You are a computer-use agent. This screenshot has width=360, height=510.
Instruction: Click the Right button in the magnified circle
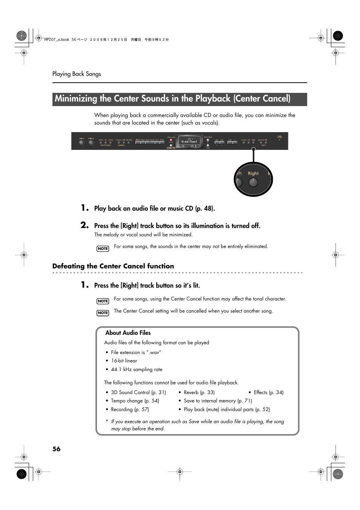point(253,182)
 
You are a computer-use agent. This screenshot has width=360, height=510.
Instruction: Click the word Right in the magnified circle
point(253,174)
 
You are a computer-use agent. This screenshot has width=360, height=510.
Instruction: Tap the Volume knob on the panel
point(81,143)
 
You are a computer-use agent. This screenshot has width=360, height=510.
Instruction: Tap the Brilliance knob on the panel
point(91,143)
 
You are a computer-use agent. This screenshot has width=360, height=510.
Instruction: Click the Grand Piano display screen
point(189,141)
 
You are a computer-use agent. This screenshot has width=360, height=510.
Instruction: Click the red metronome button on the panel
point(171,140)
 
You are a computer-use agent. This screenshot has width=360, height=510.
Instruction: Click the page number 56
point(56,449)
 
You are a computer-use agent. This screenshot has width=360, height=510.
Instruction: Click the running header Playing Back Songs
point(77,74)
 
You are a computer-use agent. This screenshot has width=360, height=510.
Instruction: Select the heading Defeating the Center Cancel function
point(113,266)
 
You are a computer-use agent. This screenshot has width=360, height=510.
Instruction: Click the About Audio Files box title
point(128,333)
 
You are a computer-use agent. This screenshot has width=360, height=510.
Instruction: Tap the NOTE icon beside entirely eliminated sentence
point(103,249)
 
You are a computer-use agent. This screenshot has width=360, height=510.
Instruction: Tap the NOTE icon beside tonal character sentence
point(103,301)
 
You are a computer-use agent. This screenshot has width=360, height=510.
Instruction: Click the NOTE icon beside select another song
point(103,313)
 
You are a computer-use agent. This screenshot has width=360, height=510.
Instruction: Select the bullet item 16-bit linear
point(124,361)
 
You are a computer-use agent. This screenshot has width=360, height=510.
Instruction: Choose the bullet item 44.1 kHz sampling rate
point(137,370)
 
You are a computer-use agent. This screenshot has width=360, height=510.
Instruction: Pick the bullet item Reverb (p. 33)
point(199,393)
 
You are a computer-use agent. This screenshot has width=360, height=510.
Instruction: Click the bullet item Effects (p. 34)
point(268,393)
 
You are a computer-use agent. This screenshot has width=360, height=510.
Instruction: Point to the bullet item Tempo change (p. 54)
point(135,401)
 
